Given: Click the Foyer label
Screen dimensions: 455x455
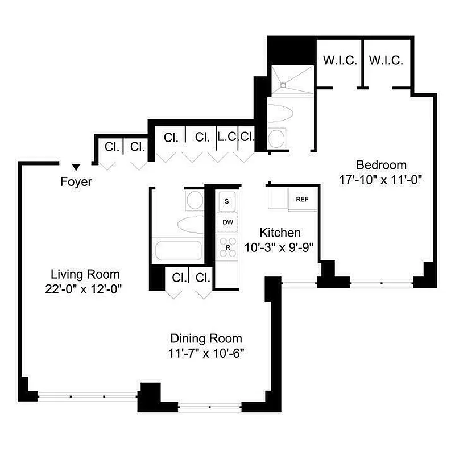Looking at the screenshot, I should point(76,183).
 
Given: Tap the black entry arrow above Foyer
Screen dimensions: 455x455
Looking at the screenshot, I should point(76,167).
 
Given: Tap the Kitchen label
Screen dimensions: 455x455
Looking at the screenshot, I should point(280,232).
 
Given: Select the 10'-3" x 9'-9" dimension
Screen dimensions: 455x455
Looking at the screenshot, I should point(280,247).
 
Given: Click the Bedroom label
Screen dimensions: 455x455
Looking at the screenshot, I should point(381,165).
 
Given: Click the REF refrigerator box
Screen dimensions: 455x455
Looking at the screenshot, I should point(301,200).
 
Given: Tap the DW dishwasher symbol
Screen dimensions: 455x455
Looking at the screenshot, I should point(227,222).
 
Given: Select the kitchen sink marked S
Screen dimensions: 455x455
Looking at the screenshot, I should point(227,201).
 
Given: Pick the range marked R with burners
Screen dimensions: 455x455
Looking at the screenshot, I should point(227,248).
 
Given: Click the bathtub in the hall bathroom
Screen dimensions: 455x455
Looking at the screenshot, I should point(178,251).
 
